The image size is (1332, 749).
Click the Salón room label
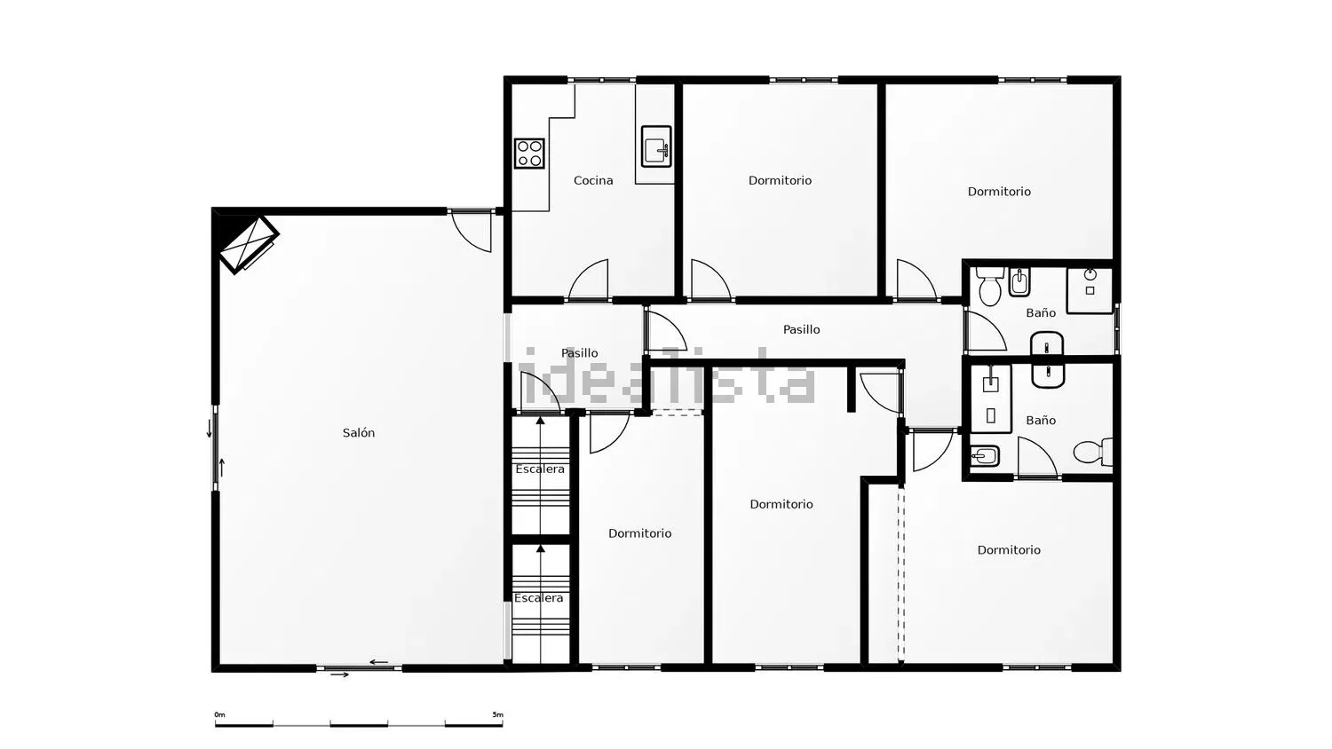359,433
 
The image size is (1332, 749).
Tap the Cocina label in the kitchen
593,180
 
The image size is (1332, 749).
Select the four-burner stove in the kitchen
529,154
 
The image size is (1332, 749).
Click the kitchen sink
656,146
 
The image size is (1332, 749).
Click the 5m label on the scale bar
497,714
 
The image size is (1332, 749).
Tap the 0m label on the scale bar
220,714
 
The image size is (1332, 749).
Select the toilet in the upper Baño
989,287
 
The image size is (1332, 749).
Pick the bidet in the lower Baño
985,456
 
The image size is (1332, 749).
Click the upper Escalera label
540,469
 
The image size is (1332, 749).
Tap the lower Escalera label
539,598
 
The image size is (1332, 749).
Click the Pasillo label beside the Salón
580,353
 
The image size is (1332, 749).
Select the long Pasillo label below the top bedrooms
802,329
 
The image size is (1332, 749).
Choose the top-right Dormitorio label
999,192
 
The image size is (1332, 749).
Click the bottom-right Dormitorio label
1009,550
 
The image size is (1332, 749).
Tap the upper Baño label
1041,312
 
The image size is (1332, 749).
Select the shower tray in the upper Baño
1090,290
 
